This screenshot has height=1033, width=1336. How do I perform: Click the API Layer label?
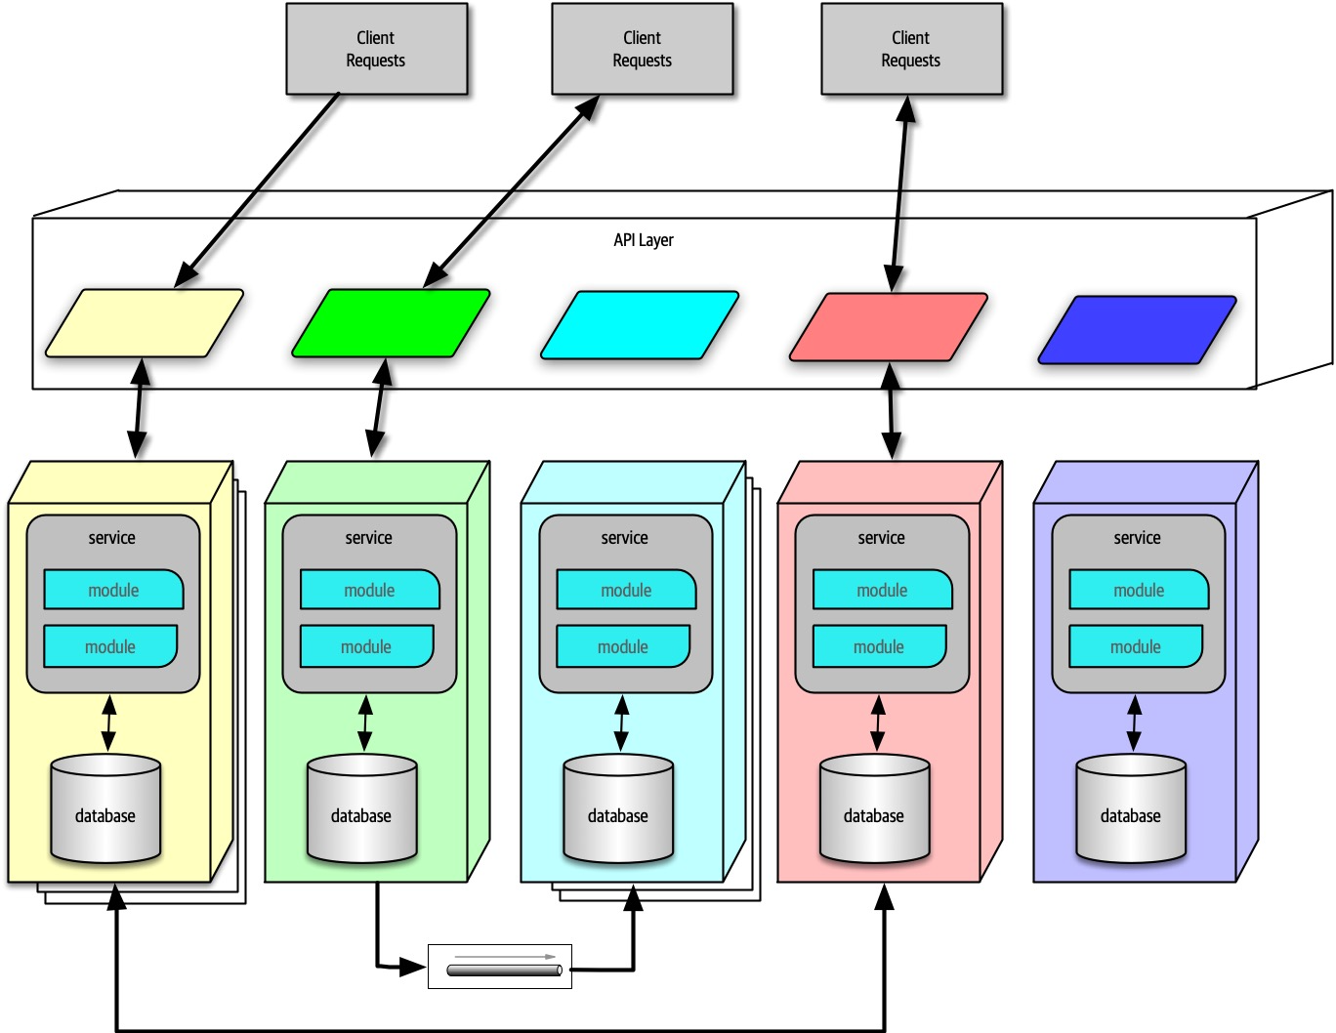[643, 240]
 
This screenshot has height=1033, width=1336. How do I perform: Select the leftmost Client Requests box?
[376, 49]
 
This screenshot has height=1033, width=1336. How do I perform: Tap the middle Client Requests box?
[642, 49]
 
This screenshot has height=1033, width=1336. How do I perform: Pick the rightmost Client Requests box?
[911, 49]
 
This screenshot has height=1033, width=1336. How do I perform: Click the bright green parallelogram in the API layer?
[391, 323]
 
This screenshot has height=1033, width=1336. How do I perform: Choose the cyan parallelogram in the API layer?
[640, 325]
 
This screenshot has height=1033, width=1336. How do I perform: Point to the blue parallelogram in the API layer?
[1137, 330]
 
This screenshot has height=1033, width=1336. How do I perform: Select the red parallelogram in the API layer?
[888, 327]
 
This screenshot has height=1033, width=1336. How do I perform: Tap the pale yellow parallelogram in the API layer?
[145, 323]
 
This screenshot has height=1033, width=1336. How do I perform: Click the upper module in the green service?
[369, 590]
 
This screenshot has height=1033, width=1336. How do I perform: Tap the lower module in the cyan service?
[623, 646]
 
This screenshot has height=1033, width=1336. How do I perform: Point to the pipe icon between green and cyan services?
[504, 970]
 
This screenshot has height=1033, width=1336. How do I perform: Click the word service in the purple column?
[1137, 538]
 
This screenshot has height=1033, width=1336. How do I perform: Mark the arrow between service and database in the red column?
[877, 723]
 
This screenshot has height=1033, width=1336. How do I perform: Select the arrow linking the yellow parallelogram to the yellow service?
[139, 408]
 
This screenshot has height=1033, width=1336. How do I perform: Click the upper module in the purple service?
[1139, 590]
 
